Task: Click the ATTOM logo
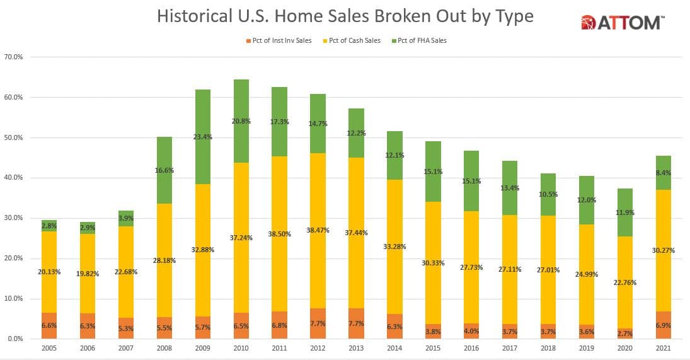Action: click(621, 23)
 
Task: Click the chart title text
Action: click(345, 16)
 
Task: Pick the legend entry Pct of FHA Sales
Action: click(422, 40)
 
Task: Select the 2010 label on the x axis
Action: click(241, 347)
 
